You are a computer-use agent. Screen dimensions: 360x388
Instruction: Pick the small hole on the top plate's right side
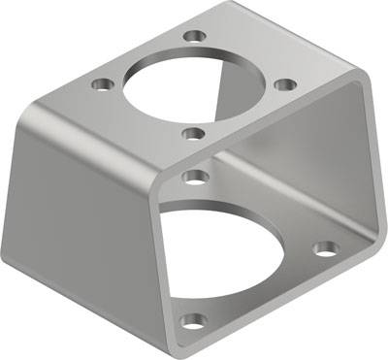[x=283, y=84]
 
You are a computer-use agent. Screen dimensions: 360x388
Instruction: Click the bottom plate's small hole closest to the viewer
[x=195, y=320]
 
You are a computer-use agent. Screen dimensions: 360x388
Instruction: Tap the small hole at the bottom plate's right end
[x=327, y=248]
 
